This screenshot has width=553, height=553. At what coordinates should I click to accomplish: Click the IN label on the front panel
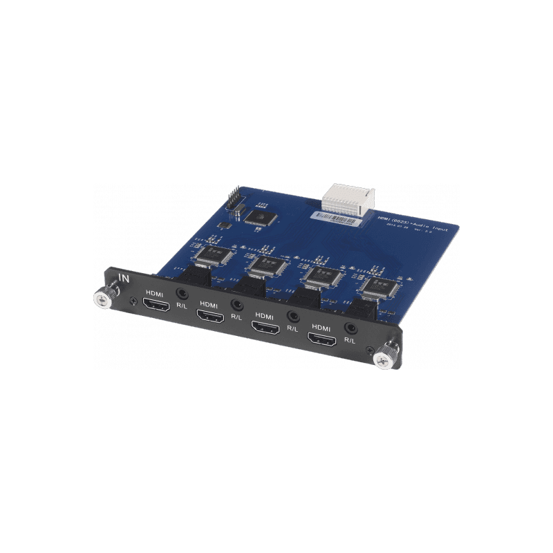click(x=124, y=278)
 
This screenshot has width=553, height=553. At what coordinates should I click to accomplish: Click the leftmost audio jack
click(x=182, y=294)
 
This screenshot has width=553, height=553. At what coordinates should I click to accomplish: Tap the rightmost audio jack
click(x=353, y=328)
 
